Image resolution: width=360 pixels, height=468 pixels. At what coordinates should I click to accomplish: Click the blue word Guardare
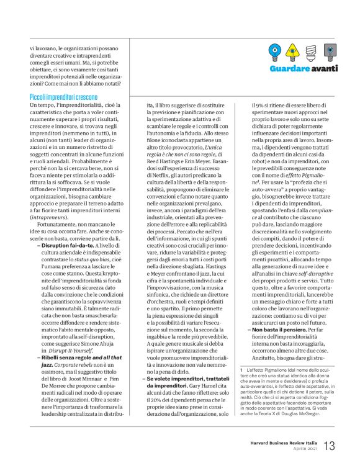pyautogui.click(x=290, y=68)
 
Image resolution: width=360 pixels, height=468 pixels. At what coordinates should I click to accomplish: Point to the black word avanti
pyautogui.click(x=325, y=68)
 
